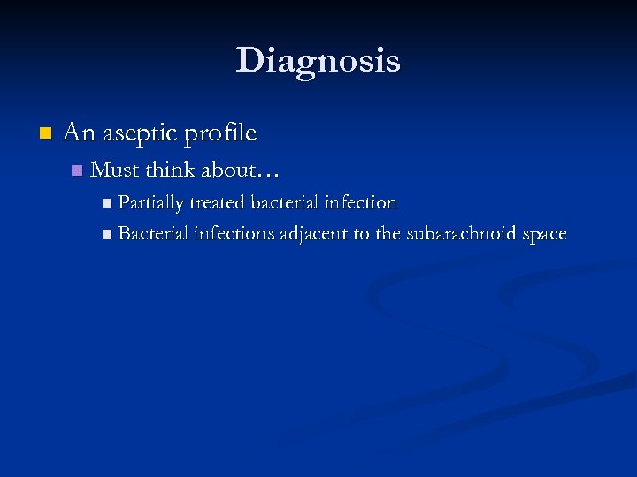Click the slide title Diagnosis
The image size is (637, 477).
tap(318, 60)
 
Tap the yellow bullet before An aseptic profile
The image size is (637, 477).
tap(46, 134)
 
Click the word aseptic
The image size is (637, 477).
tap(138, 133)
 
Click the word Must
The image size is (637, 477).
tap(115, 169)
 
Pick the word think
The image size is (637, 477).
tap(172, 169)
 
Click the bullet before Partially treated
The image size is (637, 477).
tap(107, 203)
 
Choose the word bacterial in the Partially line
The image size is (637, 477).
tap(284, 202)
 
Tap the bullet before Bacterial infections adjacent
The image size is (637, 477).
tap(107, 235)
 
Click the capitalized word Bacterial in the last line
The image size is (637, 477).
tap(152, 234)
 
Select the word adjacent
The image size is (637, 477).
tap(315, 235)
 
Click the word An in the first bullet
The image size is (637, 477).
tap(79, 133)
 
